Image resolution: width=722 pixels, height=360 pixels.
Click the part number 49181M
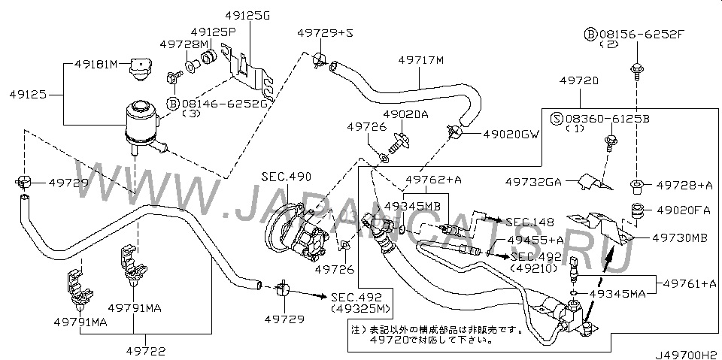[97, 65]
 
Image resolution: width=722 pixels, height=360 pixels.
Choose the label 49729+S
[324, 34]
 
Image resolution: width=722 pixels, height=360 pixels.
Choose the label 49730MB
[679, 237]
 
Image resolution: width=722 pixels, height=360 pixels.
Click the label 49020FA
[681, 210]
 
